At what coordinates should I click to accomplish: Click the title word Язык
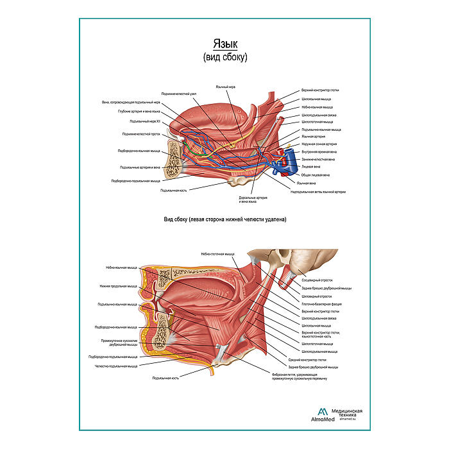point(224,44)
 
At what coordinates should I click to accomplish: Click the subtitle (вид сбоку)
point(224,57)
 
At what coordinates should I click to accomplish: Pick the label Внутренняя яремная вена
point(320,152)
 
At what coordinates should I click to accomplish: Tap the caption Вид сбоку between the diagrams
point(224,219)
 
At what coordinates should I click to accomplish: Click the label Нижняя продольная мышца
point(118,286)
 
